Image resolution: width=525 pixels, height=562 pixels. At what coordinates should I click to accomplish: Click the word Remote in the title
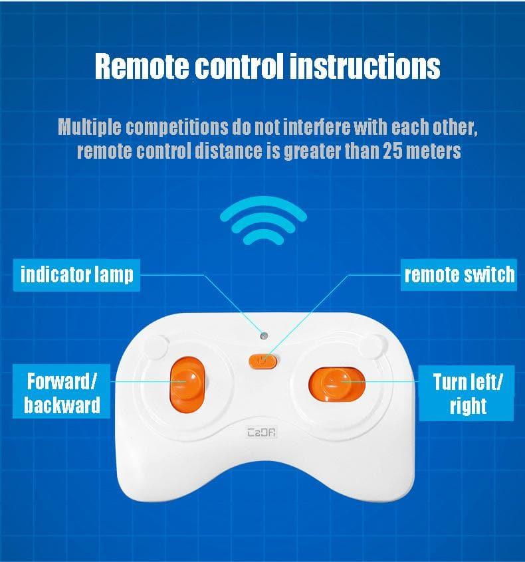142,66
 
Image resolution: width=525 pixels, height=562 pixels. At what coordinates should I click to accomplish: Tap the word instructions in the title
365,66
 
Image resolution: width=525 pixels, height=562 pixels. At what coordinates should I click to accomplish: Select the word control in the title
239,66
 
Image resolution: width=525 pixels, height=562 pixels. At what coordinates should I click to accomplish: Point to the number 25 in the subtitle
392,151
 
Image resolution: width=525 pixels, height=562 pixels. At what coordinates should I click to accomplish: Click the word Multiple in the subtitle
89,127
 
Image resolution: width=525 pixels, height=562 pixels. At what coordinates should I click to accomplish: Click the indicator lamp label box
76,275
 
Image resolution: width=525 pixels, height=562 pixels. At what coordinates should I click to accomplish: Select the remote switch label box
459,275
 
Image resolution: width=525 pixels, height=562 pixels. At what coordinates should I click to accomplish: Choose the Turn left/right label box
467,393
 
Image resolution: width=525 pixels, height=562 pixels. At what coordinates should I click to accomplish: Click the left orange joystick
187,384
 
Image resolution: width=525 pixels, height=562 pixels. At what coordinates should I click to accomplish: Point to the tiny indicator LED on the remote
264,336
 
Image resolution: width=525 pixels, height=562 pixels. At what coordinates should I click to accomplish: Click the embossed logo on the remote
262,432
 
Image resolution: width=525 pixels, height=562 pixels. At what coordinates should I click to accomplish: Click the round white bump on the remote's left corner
156,347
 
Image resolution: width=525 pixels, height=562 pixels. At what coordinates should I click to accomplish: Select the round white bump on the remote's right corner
373,346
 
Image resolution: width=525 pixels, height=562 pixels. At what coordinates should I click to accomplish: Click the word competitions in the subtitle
177,128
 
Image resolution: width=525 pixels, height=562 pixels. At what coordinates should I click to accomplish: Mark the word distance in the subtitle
229,151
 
